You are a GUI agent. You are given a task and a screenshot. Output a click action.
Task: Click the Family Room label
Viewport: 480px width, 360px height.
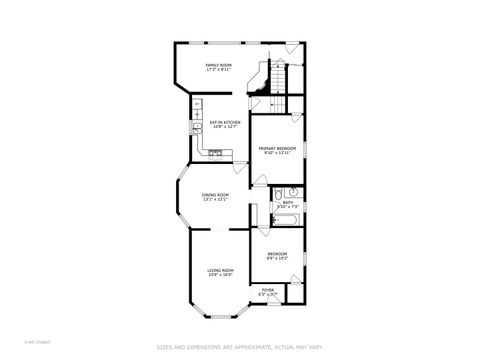pyautogui.click(x=218, y=65)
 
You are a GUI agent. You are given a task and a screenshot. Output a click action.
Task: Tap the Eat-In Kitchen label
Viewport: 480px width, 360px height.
pyautogui.click(x=224, y=122)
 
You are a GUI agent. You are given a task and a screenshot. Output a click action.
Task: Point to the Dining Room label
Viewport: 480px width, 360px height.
pyautogui.click(x=216, y=194)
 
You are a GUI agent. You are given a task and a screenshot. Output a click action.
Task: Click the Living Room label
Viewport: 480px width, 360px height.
pyautogui.click(x=220, y=270)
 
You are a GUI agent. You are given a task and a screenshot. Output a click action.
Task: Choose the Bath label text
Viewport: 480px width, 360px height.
pyautogui.click(x=288, y=202)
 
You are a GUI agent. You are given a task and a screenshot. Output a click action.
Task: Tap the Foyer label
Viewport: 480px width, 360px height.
pyautogui.click(x=267, y=290)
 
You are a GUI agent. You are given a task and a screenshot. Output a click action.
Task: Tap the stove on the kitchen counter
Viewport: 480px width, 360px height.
pyautogui.click(x=216, y=153)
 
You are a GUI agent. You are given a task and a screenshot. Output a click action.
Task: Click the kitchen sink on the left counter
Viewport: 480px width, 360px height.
pyautogui.click(x=191, y=128)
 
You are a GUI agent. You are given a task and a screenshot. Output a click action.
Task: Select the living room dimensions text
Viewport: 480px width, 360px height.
pyautogui.click(x=220, y=275)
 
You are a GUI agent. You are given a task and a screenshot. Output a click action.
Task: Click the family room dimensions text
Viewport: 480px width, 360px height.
pyautogui.click(x=218, y=70)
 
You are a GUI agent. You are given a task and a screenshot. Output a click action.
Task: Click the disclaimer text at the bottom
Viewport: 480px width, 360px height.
pyautogui.click(x=239, y=347)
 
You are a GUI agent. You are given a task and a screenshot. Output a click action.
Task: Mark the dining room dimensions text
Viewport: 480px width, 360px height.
pyautogui.click(x=216, y=199)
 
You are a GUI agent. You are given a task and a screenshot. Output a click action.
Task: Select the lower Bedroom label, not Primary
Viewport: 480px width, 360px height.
pyautogui.click(x=277, y=254)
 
